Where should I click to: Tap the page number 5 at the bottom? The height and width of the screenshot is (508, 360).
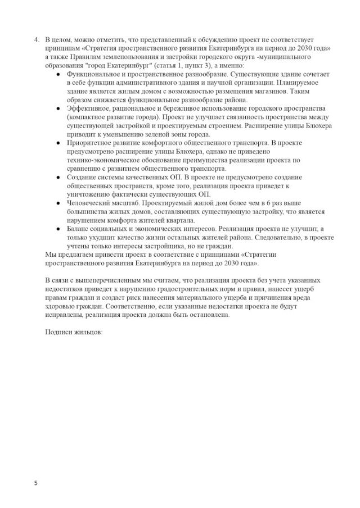35,483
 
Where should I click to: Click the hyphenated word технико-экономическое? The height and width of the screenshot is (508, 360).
105,160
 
